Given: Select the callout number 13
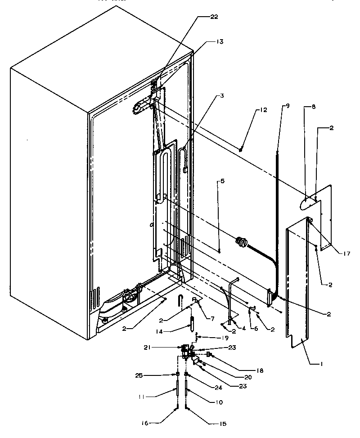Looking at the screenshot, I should pos(219,41).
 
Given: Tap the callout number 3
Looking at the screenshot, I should pos(222,96).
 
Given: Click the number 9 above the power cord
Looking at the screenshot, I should pos(222,181).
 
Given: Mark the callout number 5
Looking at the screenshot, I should pos(222,181).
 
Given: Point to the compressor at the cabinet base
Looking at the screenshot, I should pos(128,299).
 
